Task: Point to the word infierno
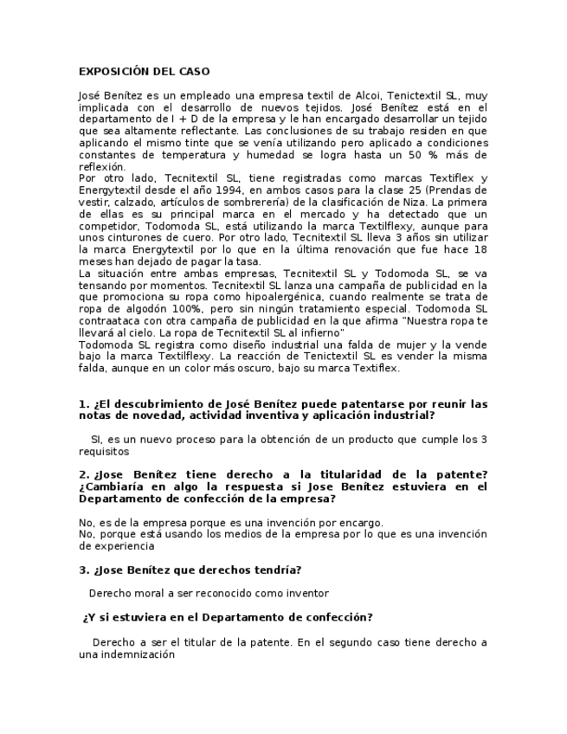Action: pos(320,332)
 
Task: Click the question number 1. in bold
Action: pos(84,404)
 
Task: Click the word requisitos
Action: pos(104,451)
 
